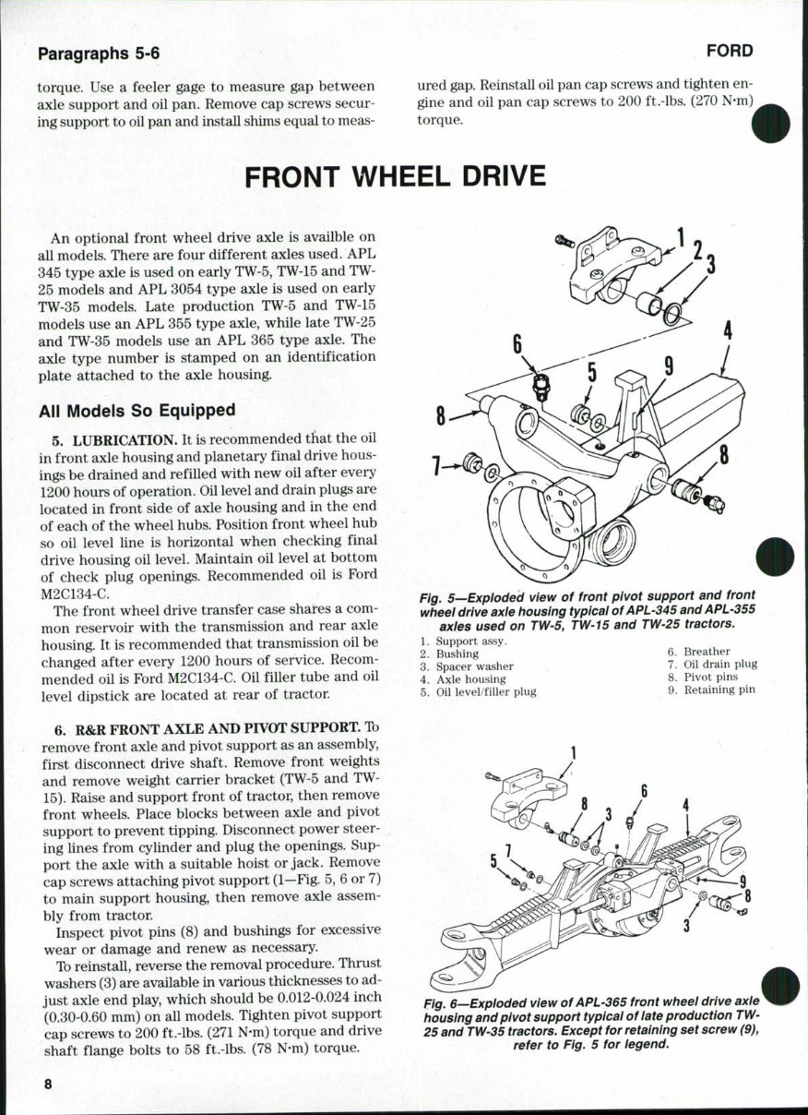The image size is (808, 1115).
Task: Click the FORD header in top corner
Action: pos(730,51)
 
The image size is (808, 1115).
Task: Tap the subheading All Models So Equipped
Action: pos(137,410)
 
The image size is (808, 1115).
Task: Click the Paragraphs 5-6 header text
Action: pos(99,54)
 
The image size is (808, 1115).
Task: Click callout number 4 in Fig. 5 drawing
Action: pos(728,330)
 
